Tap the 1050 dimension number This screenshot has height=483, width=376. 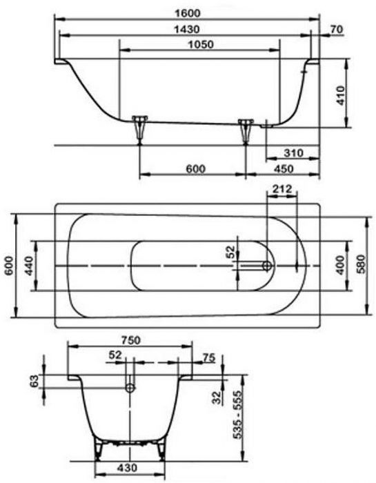tap(198, 44)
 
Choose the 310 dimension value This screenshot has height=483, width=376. tap(293, 152)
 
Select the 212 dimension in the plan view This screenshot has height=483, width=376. tap(281, 189)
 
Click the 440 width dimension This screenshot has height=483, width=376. tap(28, 265)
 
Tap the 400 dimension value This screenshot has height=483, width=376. tap(339, 265)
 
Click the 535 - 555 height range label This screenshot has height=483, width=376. tap(237, 419)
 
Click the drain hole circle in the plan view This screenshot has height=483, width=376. tap(268, 265)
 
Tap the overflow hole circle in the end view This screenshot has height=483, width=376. tap(129, 388)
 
